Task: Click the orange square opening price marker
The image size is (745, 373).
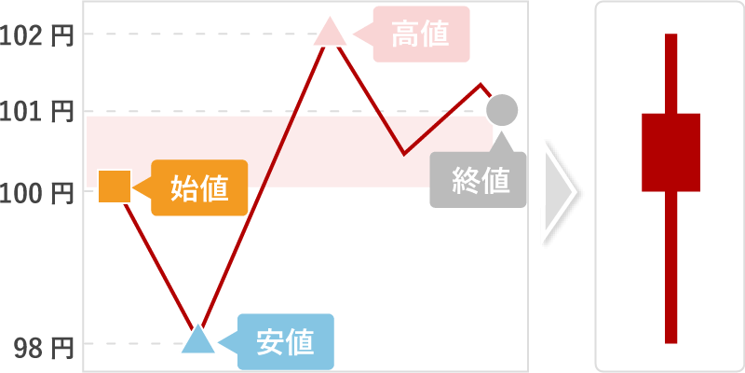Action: point(114,187)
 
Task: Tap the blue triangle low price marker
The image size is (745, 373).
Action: point(196,340)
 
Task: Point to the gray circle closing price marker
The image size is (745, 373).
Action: point(502,110)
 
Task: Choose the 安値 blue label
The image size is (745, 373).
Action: point(285,342)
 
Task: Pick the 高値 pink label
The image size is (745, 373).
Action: point(421,35)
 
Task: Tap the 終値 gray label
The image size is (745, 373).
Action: point(479,180)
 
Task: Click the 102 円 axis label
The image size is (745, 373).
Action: point(37,35)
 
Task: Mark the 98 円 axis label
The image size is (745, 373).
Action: point(43,348)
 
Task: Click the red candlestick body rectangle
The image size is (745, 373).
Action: point(670,152)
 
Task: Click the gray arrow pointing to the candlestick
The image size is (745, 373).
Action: point(559,194)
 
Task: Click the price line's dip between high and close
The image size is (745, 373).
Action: point(404,153)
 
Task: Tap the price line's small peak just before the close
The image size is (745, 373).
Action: point(481,85)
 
